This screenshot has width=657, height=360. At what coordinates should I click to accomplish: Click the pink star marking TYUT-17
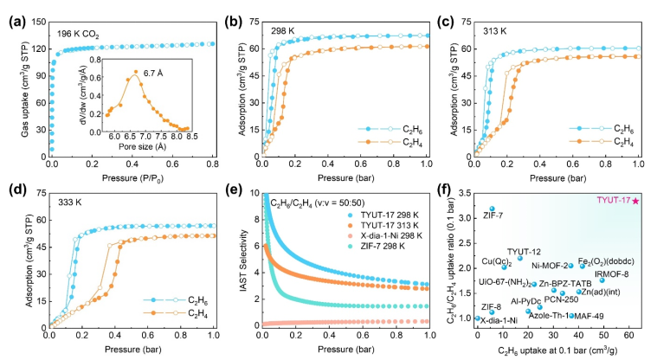coord(636,201)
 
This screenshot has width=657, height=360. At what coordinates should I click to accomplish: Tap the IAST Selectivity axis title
coord(232,259)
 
